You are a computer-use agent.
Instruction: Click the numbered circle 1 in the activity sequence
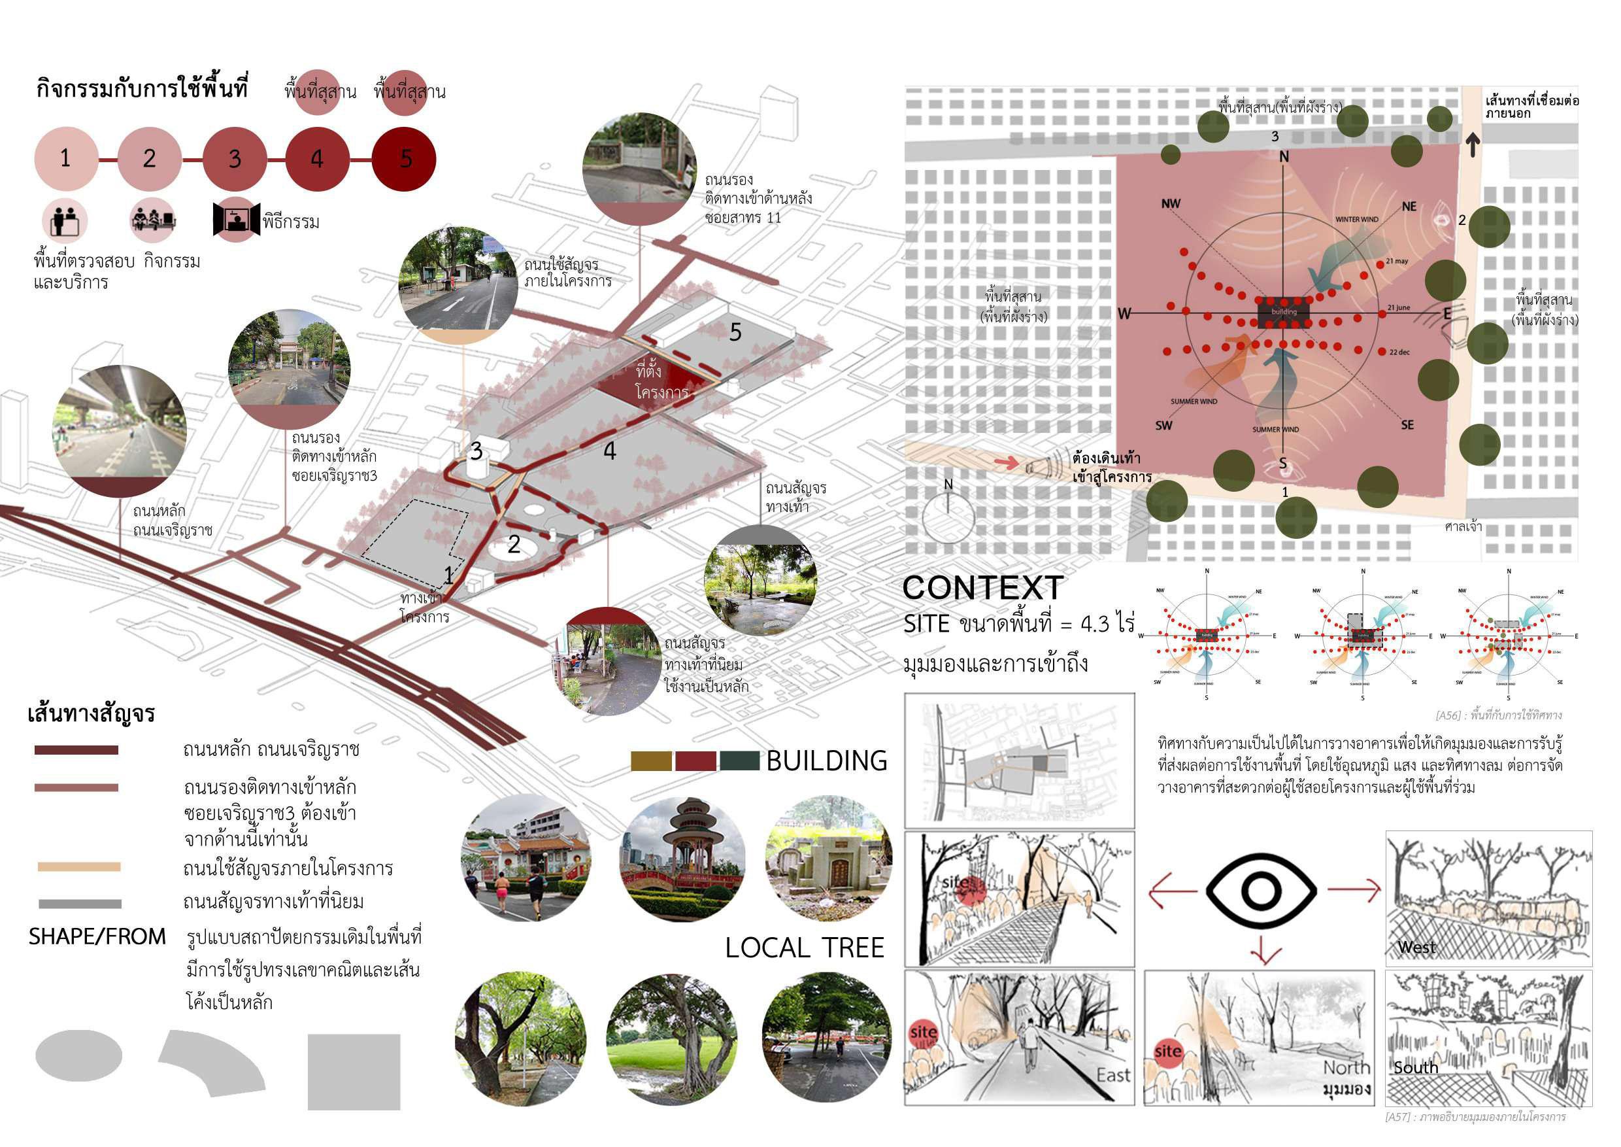click(65, 158)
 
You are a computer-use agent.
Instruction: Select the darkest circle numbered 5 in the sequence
click(404, 158)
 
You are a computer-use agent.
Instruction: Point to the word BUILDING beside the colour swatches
click(827, 761)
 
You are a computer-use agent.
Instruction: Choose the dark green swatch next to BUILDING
click(739, 761)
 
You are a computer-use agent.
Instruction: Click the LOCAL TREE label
click(804, 948)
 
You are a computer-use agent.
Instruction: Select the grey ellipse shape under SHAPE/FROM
click(78, 1055)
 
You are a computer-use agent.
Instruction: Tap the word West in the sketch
click(1416, 947)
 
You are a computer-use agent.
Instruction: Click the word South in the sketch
click(1416, 1067)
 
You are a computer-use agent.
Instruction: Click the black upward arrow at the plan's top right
click(1473, 145)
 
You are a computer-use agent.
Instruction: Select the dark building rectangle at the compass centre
click(1284, 311)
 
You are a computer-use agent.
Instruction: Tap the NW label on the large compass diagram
click(1171, 204)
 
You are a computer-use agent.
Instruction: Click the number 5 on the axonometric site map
click(735, 332)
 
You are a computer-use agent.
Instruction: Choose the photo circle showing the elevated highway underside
click(118, 430)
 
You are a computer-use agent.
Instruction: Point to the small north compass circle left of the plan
click(948, 515)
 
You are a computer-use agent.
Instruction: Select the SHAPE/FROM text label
click(97, 936)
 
